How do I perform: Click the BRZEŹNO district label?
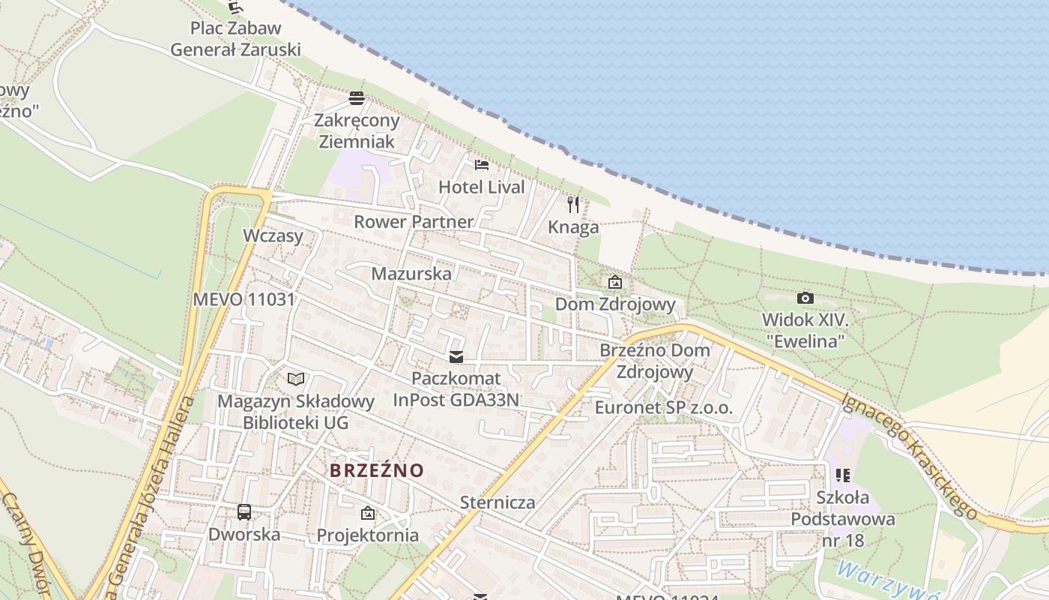(x=377, y=470)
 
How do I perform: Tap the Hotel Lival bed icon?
(x=482, y=164)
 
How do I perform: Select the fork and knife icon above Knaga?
(x=573, y=204)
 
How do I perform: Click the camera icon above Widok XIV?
(x=805, y=298)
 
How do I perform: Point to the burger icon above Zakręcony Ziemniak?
(x=357, y=97)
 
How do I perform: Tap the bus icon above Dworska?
(x=244, y=512)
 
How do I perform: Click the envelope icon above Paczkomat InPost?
(x=456, y=356)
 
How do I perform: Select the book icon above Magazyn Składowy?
(x=296, y=379)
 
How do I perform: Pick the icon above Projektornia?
(x=367, y=513)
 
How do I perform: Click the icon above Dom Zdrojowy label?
(x=615, y=282)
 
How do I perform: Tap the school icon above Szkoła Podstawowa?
(x=843, y=475)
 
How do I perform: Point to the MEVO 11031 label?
(x=244, y=299)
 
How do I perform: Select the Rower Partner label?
(x=414, y=221)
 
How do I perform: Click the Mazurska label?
(x=411, y=273)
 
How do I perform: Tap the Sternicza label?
(x=498, y=502)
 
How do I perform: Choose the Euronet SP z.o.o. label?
(x=663, y=408)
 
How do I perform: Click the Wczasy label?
(x=273, y=235)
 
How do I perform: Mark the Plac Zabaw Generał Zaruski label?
(x=235, y=39)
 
